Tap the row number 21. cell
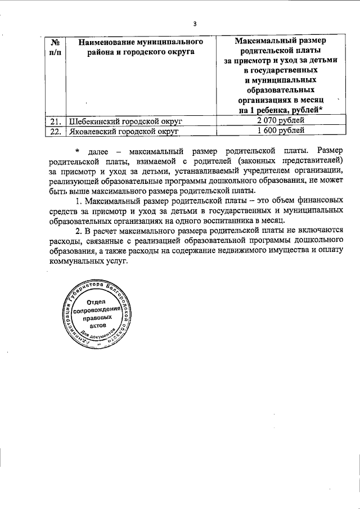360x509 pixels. (55, 121)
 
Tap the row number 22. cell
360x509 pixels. (55, 130)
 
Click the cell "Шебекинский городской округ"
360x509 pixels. (124, 121)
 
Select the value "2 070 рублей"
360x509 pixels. (280, 121)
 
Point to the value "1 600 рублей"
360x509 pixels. (280, 130)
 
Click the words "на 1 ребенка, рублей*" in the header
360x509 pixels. (280, 110)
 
